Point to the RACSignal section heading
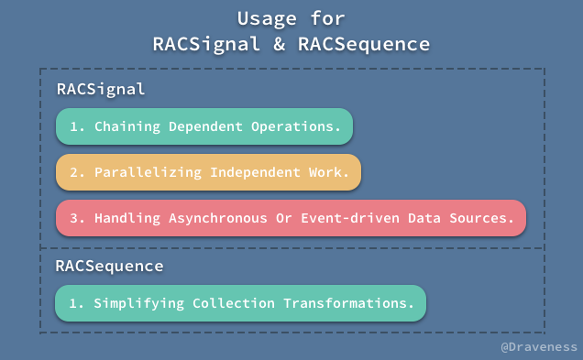[x=101, y=90]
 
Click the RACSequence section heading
[x=109, y=266]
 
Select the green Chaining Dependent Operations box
[x=204, y=126]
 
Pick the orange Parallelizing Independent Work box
[x=208, y=172]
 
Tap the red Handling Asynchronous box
[x=291, y=218]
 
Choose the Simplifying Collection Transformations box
[x=241, y=302]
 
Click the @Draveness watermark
[x=539, y=347]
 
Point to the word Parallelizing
[x=148, y=172]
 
